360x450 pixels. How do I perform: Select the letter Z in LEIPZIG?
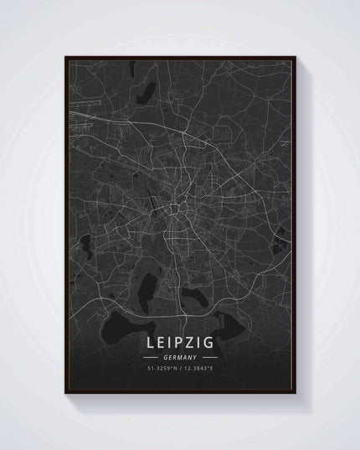click(190, 344)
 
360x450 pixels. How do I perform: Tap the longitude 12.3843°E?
click(197, 369)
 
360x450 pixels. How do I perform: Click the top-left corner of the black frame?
click(64, 55)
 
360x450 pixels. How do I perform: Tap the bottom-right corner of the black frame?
click(296, 393)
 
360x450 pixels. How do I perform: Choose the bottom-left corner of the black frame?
click(65, 393)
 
